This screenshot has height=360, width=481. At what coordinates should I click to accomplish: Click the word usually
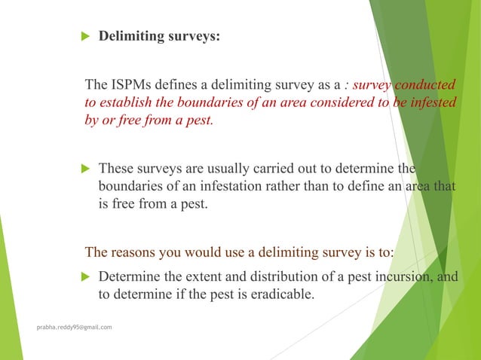coord(207,168)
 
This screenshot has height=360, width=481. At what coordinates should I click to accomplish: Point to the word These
coord(115,168)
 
